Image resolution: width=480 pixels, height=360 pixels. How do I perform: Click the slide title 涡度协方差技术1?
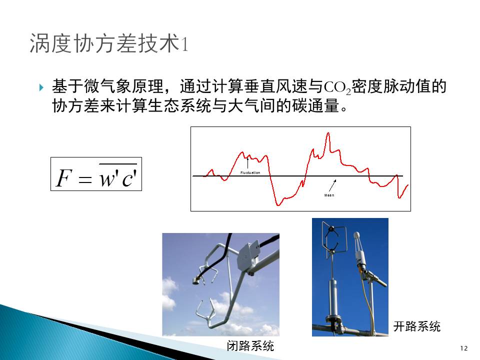pyautogui.click(x=108, y=43)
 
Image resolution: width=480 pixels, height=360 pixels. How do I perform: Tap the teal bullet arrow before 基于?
pyautogui.click(x=41, y=88)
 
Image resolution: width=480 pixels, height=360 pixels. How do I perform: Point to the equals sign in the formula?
pyautogui.click(x=85, y=179)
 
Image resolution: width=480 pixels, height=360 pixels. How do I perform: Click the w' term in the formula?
pyautogui.click(x=108, y=177)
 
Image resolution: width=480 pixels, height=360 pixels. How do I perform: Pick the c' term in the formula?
pyautogui.click(x=129, y=177)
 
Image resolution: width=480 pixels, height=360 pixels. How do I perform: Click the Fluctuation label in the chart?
pyautogui.click(x=250, y=172)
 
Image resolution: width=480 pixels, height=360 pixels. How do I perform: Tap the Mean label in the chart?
pyautogui.click(x=329, y=195)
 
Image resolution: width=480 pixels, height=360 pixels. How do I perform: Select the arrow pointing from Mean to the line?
pyautogui.click(x=333, y=185)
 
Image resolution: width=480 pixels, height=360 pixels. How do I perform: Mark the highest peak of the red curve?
pyautogui.click(x=328, y=133)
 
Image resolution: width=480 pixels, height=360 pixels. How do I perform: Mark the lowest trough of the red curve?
pyautogui.click(x=278, y=205)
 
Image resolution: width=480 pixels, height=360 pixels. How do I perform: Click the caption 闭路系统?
pyautogui.click(x=250, y=346)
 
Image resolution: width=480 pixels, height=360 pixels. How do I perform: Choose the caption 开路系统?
pyautogui.click(x=416, y=326)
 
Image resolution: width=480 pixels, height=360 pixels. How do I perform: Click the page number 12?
pyautogui.click(x=464, y=348)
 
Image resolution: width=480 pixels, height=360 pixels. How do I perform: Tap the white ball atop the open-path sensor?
pyautogui.click(x=356, y=235)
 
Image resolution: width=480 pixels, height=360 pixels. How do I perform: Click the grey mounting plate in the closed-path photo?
pyautogui.click(x=248, y=255)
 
